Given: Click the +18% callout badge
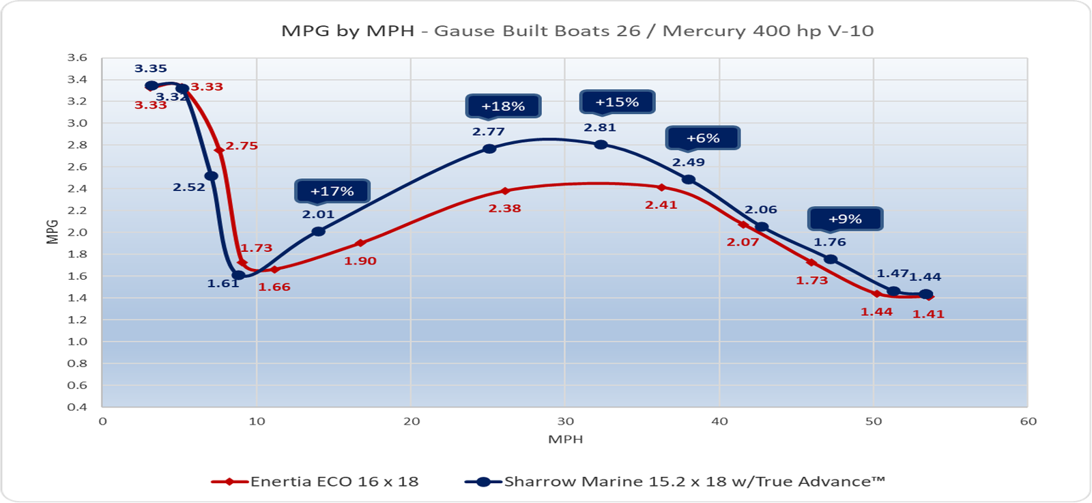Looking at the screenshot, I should click(503, 106).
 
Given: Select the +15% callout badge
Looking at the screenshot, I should click(617, 102).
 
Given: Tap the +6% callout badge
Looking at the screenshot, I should click(703, 138).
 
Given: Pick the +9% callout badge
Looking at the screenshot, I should click(845, 219).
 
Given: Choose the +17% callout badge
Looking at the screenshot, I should click(332, 191).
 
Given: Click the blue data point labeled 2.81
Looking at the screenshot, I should click(601, 145).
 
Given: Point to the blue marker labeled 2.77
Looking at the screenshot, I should click(489, 149).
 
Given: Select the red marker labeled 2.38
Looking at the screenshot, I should click(505, 191).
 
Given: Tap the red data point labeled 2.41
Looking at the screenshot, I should click(661, 187).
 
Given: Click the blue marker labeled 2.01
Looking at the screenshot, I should click(318, 231).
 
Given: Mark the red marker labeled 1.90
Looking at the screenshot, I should click(360, 243).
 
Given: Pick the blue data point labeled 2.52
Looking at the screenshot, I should click(212, 176).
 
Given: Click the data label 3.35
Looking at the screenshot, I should click(151, 68).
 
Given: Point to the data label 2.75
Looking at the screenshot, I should click(242, 145).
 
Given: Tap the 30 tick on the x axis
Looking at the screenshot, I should click(565, 421).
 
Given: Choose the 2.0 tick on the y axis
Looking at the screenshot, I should click(78, 232).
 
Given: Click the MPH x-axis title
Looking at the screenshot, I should click(565, 439).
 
